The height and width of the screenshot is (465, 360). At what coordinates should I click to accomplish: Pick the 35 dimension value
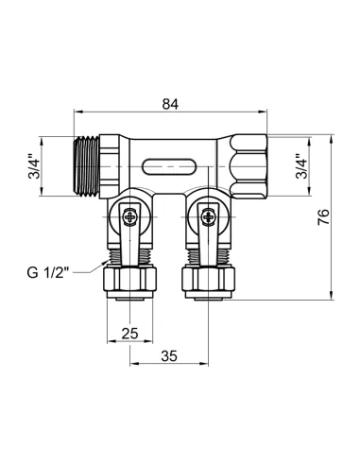click(x=170, y=357)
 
